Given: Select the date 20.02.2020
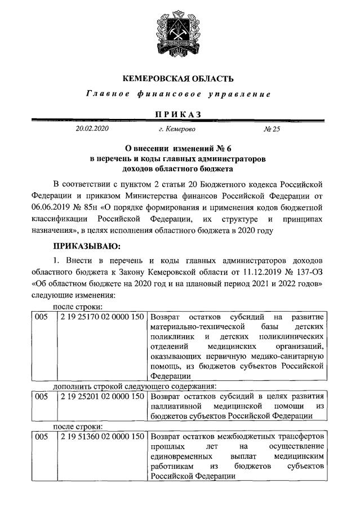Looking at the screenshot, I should (x=91, y=129).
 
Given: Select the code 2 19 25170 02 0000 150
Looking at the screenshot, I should (x=102, y=317).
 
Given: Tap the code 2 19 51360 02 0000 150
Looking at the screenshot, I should (x=102, y=437).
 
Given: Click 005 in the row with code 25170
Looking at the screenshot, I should (x=42, y=317).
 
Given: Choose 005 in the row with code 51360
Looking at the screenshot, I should (x=42, y=437).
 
